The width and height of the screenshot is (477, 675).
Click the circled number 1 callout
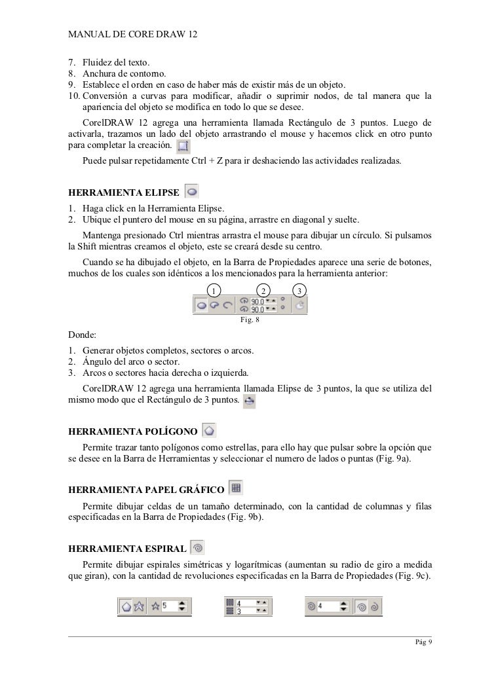point(214,291)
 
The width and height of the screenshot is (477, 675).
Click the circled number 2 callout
point(263,291)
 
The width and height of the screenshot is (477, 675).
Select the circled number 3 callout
point(299,291)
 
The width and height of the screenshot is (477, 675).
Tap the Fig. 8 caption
point(251,320)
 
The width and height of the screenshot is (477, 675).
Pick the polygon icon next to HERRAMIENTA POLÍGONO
point(209,431)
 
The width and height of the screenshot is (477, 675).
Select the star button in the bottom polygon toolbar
point(138,606)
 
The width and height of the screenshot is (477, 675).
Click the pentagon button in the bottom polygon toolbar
point(126,606)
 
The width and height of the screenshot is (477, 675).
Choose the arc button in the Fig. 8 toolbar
point(228,305)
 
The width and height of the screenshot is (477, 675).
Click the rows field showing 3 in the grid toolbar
point(246,611)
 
